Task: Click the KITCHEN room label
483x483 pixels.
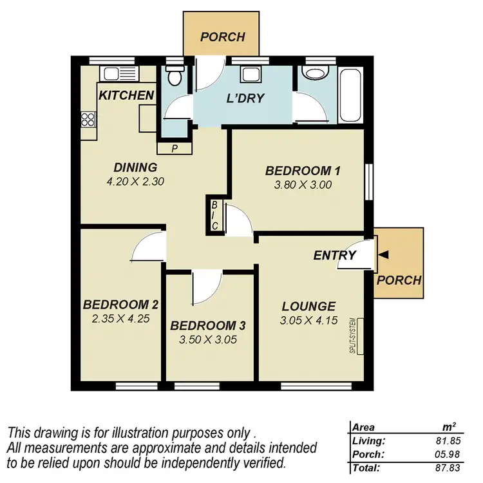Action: pos(126,96)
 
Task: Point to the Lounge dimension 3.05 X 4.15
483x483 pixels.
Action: pos(308,320)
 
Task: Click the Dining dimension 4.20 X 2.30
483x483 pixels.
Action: pos(136,182)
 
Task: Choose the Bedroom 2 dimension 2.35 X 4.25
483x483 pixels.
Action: pos(120,318)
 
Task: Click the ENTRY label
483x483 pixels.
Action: pos(334,256)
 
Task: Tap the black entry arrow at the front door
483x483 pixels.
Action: pos(384,256)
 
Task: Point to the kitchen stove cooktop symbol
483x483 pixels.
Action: pos(88,119)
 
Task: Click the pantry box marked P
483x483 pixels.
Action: pos(175,149)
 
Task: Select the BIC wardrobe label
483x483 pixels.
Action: pos(214,215)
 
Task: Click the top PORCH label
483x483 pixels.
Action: pos(222,37)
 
